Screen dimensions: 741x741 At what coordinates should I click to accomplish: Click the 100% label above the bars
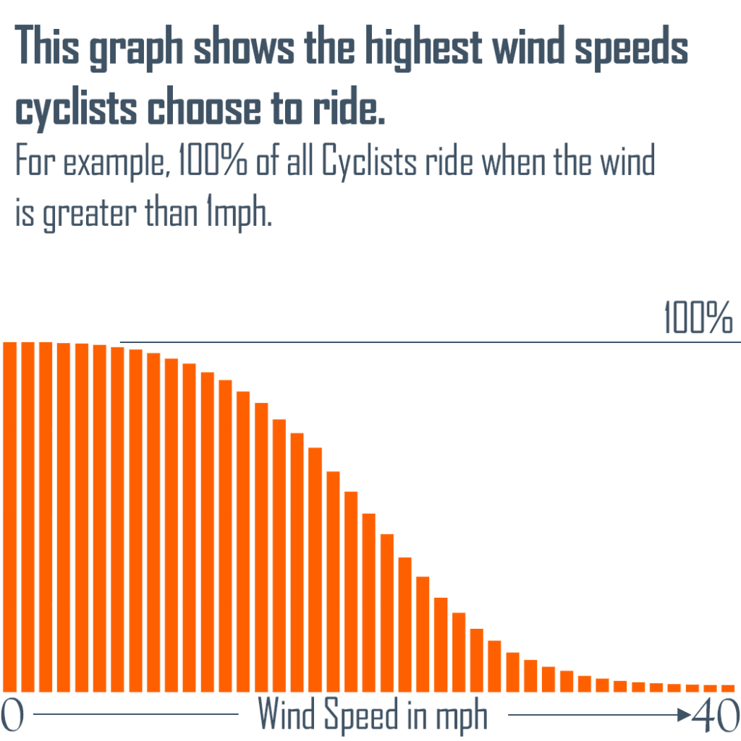pos(698,319)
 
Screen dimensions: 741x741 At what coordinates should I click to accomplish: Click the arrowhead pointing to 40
pos(683,715)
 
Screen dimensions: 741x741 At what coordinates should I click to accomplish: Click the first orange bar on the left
pos(10,517)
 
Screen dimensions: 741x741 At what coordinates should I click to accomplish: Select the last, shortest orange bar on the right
pos(729,687)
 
